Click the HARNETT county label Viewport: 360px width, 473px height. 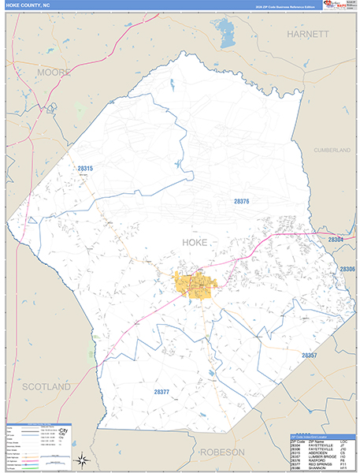coord(308,35)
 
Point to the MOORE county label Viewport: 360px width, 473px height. coord(53,73)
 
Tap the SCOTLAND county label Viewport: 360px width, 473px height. coord(46,387)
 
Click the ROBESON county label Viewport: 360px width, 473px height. coord(222,452)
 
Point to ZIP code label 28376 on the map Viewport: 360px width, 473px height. coord(242,202)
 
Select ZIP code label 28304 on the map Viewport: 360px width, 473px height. coord(336,239)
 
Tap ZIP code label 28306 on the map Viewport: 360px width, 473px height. coord(347,269)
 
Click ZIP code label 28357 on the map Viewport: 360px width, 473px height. coord(309,356)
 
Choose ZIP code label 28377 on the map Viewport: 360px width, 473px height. coord(161,392)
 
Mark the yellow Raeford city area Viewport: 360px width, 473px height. coord(193,286)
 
